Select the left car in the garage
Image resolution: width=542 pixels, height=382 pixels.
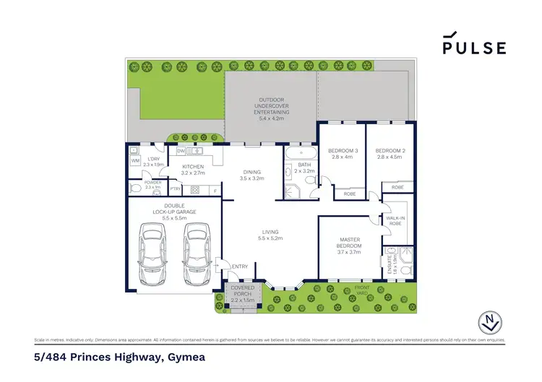[153, 254]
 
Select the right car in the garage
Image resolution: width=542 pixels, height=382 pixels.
[195, 254]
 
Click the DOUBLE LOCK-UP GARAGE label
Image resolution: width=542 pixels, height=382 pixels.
[165, 211]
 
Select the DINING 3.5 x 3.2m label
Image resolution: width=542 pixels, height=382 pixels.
[254, 175]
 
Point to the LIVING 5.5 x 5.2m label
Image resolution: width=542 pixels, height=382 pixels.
[271, 235]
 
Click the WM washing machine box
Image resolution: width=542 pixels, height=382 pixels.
[134, 160]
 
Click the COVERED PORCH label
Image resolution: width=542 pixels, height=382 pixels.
[241, 290]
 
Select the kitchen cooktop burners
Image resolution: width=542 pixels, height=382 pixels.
[193, 189]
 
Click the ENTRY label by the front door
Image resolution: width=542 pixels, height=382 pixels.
[239, 266]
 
